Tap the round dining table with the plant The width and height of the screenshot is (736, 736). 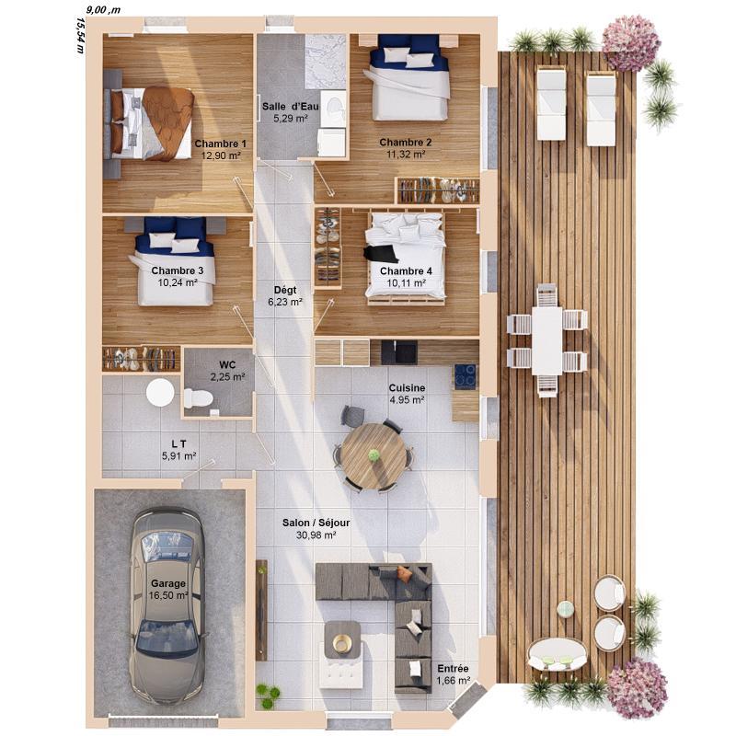coord(374,455)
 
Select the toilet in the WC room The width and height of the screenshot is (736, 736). coord(198,398)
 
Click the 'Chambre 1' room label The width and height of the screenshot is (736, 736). coord(221,144)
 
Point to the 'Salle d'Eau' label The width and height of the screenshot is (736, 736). coord(289,107)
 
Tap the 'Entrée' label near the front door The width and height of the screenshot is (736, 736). coord(453,669)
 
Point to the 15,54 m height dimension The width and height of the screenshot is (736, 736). coord(80,37)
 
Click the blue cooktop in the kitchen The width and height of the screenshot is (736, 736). coord(465,375)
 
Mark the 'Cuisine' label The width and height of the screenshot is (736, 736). coord(406,388)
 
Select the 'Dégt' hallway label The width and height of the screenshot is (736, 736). coord(285,289)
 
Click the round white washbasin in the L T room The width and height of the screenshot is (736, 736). coord(160,393)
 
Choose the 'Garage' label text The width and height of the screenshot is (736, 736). coord(168,583)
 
